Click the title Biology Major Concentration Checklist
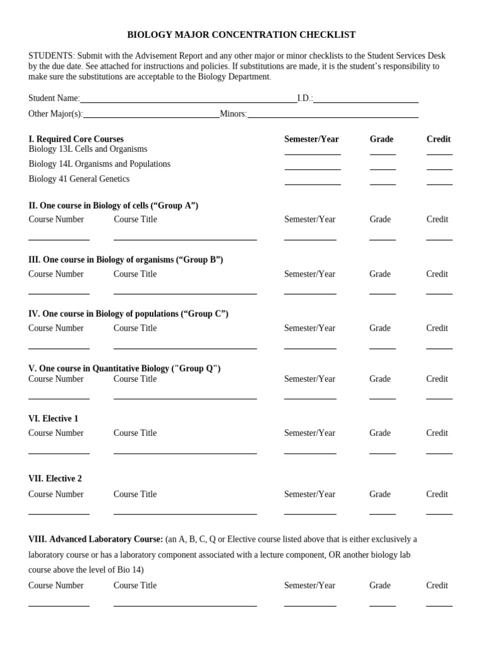tap(241, 35)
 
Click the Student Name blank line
tap(188, 99)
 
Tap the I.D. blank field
tap(365, 99)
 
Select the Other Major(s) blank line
tap(151, 114)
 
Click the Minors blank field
tap(333, 114)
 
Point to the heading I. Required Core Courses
tap(76, 139)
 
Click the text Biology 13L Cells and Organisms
tap(88, 149)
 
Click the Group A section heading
tap(113, 206)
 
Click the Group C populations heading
tap(128, 314)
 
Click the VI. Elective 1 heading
tap(53, 419)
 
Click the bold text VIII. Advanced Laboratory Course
tap(96, 540)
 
